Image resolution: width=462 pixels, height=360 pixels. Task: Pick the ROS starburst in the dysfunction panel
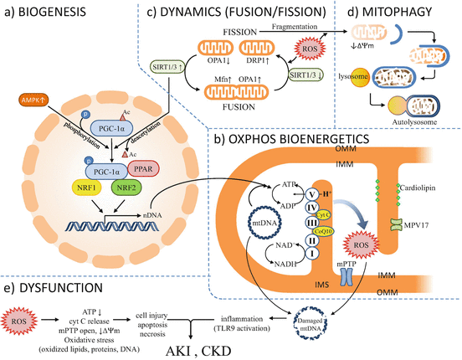22,318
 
